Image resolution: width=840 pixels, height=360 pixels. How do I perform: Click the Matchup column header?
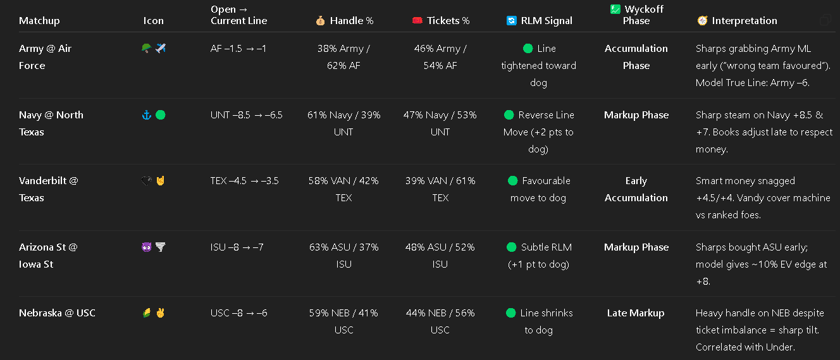tap(39, 21)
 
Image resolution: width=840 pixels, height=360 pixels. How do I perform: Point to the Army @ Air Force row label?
tap(45, 57)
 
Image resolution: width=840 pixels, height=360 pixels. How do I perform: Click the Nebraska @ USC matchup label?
tap(57, 313)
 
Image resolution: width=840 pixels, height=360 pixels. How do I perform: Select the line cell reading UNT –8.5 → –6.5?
tap(247, 115)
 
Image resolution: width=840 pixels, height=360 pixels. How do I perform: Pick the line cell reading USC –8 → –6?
tap(239, 313)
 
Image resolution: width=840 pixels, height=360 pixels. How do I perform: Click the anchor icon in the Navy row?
tap(147, 115)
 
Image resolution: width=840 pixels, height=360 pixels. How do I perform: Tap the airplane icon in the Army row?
tap(161, 48)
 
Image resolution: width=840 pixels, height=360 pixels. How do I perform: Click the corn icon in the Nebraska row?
tap(147, 313)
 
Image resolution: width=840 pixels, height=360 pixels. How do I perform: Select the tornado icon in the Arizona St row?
tap(161, 247)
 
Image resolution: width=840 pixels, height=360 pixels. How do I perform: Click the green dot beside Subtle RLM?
tap(512, 247)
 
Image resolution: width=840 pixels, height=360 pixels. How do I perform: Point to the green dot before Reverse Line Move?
tap(509, 115)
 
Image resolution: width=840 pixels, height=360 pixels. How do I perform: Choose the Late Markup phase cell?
tap(636, 313)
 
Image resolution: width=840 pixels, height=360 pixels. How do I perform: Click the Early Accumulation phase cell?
tap(636, 189)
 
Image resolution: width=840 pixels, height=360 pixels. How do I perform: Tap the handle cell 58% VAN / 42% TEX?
tap(343, 189)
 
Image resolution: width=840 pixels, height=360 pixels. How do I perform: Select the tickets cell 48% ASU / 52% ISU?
tap(440, 256)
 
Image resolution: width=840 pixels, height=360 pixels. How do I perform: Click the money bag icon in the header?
tap(320, 21)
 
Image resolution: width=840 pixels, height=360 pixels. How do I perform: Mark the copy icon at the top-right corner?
tap(825, 20)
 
